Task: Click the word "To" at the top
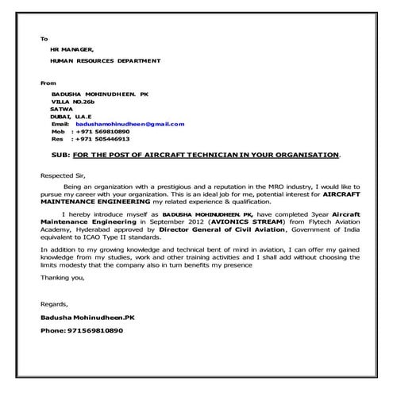click(x=44, y=38)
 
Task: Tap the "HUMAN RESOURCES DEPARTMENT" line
click(x=104, y=60)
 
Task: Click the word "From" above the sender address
click(x=48, y=82)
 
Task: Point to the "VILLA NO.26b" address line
click(x=72, y=102)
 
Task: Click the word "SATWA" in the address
click(x=61, y=110)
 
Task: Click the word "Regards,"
click(x=54, y=304)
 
